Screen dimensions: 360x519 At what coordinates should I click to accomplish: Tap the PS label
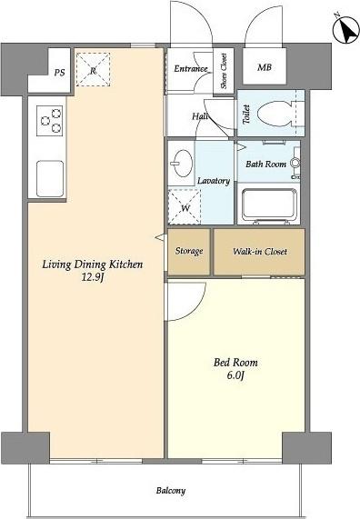pyautogui.click(x=60, y=73)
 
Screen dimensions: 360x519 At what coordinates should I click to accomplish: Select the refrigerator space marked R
pyautogui.click(x=93, y=69)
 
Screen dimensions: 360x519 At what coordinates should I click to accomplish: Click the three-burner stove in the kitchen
pyautogui.click(x=50, y=121)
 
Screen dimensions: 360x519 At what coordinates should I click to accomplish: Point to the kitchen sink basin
pyautogui.click(x=50, y=179)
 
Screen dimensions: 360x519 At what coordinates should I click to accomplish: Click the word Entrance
pyautogui.click(x=191, y=68)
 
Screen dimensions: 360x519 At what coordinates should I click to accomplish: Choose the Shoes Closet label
pyautogui.click(x=224, y=71)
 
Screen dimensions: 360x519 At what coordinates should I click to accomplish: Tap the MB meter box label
pyautogui.click(x=265, y=67)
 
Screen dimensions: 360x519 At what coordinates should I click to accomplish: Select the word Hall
pyautogui.click(x=200, y=116)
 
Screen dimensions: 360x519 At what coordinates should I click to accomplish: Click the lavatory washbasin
pyautogui.click(x=182, y=164)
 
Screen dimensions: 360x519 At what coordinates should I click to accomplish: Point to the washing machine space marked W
pyautogui.click(x=185, y=207)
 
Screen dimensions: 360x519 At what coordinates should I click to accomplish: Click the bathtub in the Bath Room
pyautogui.click(x=269, y=206)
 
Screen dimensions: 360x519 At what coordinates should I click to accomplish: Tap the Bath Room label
pyautogui.click(x=266, y=164)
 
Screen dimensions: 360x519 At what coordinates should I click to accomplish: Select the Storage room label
pyautogui.click(x=189, y=251)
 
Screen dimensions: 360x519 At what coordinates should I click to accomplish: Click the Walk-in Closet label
pyautogui.click(x=260, y=252)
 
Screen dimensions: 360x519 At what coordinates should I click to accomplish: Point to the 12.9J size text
pyautogui.click(x=93, y=277)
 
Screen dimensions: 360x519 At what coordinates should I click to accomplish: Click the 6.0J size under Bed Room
pyautogui.click(x=235, y=375)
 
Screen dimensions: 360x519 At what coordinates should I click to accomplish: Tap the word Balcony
pyautogui.click(x=171, y=491)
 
